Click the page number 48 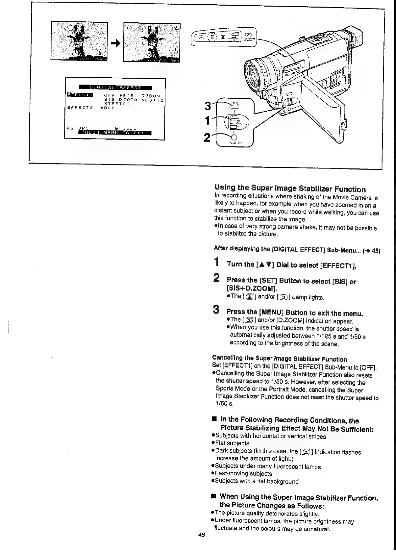click(x=201, y=535)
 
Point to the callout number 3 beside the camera click(x=208, y=106)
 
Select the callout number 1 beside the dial click(x=208, y=121)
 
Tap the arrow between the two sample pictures click(x=115, y=43)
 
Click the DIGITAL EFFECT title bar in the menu click(x=115, y=88)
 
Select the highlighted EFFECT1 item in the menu click(x=80, y=95)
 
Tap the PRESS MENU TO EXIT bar click(x=115, y=133)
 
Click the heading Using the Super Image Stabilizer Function click(x=290, y=189)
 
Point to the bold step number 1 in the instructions click(x=216, y=263)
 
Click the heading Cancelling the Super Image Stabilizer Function click(x=280, y=359)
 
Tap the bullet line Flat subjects click(x=232, y=443)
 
